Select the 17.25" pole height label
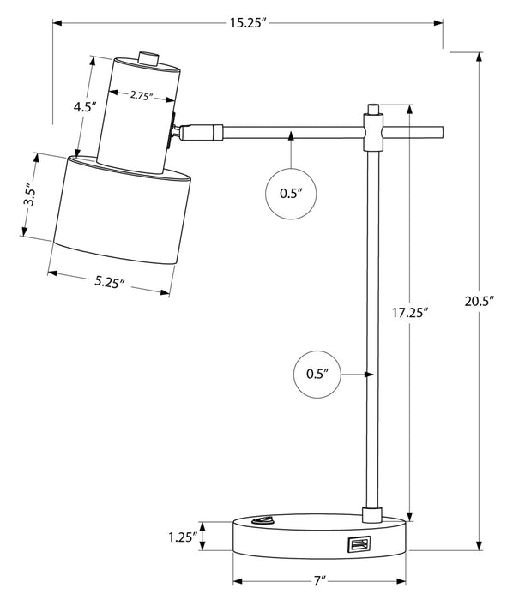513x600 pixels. (410, 313)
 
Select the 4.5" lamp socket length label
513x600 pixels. (82, 107)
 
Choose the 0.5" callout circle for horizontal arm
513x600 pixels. (292, 194)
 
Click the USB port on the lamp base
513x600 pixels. (359, 543)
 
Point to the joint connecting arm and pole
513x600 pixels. (373, 133)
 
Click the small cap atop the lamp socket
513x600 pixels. (149, 58)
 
